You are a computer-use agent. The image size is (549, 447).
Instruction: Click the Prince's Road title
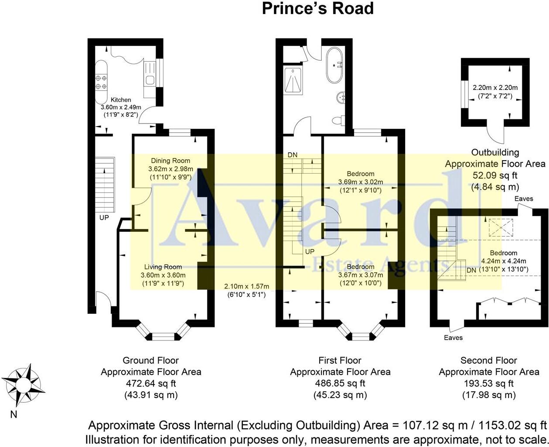point(317,9)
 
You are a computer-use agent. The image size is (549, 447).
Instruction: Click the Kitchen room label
point(121,100)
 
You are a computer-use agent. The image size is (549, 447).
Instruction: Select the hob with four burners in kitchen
point(102,82)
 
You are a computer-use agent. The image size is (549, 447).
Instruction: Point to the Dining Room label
point(170,161)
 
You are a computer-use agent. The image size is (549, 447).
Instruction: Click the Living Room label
point(163,267)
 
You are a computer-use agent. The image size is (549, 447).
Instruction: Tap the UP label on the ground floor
point(104,217)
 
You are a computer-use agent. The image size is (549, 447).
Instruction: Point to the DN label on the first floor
point(293,155)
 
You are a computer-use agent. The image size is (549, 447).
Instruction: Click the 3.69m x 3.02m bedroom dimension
point(361,182)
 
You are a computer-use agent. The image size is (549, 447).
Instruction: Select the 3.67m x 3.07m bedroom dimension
point(361,275)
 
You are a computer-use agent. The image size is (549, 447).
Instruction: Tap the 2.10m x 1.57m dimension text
point(247,286)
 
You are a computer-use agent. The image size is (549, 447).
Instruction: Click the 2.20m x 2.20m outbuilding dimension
point(495,87)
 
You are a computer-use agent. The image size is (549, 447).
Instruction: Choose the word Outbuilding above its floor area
point(495,152)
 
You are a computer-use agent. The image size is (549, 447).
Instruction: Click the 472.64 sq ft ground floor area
point(150,384)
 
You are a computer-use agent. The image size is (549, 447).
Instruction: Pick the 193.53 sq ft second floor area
point(488,384)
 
